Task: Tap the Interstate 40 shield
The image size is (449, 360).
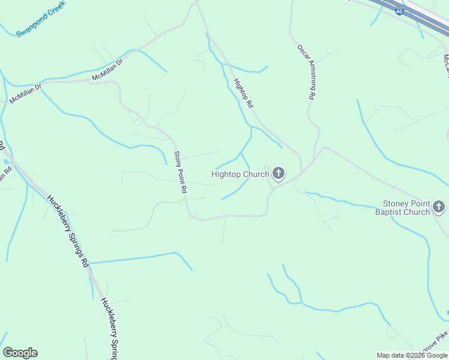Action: point(399,11)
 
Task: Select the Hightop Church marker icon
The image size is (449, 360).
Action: point(278,174)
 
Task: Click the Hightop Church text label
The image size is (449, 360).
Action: point(240,175)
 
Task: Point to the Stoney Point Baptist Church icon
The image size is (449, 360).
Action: point(439,208)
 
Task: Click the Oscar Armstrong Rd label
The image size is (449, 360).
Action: point(306,71)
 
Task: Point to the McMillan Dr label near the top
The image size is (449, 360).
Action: point(107,70)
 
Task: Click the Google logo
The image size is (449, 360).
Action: point(20,353)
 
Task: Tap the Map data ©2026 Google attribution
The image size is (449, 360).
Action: point(411,355)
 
